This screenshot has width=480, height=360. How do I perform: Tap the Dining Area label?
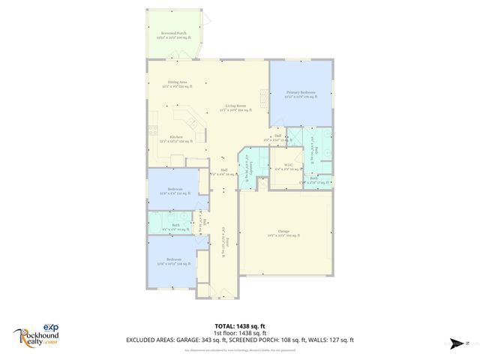point(177,85)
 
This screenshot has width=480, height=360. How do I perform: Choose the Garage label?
point(283,233)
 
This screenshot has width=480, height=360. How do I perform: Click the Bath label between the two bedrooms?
point(175,226)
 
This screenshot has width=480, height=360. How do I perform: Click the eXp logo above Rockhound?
point(49,327)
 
